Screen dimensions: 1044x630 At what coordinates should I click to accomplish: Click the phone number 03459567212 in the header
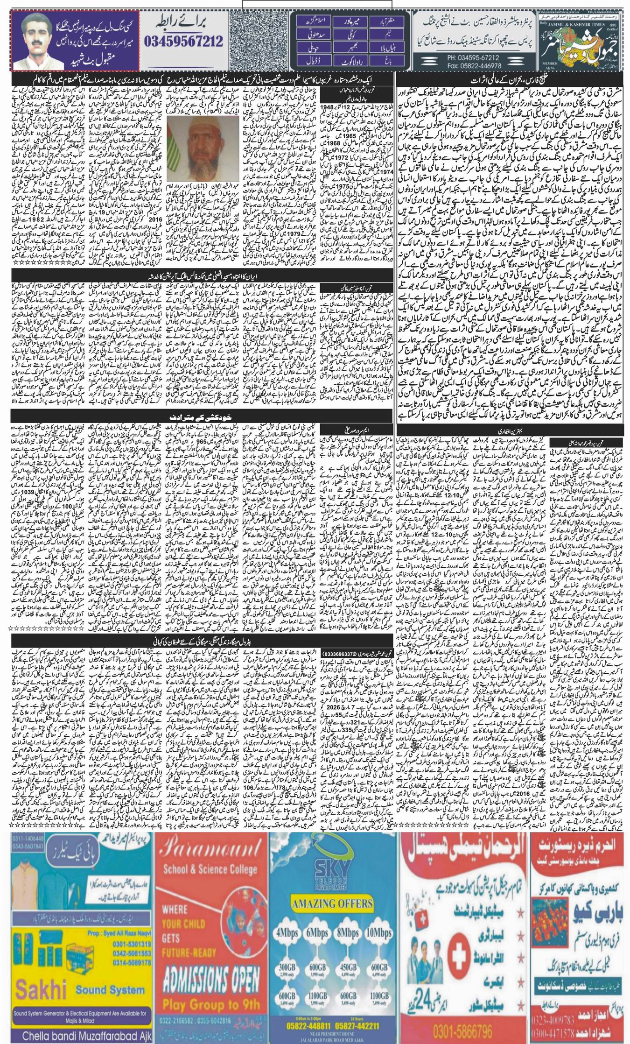(183, 42)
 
